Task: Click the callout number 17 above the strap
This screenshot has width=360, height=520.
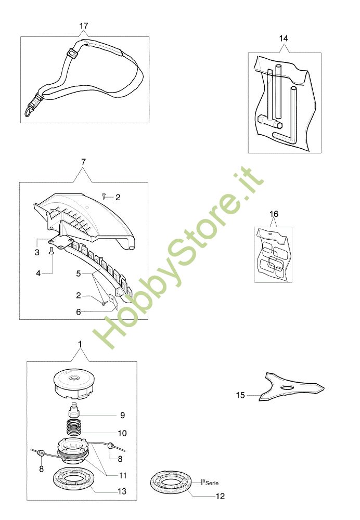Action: pos(84,25)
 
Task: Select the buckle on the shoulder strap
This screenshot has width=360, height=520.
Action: pos(72,54)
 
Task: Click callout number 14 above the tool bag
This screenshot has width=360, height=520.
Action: pos(284,38)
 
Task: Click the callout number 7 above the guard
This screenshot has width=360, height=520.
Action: pos(83,162)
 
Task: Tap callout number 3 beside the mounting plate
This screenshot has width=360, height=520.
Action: pos(37,252)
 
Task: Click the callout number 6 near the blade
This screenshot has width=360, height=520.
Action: pos(79,311)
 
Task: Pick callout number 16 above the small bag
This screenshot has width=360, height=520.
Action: pos(274,214)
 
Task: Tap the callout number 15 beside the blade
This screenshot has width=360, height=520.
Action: pos(240,395)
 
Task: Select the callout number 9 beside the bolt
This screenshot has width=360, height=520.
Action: pos(122,415)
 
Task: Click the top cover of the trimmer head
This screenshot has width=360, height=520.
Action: pos(77,384)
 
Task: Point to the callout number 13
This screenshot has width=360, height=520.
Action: pos(122,491)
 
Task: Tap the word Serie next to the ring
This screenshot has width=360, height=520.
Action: pos(212,483)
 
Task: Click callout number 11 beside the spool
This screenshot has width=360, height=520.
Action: pos(123,476)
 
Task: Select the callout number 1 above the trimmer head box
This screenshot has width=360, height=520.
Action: pos(80,344)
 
